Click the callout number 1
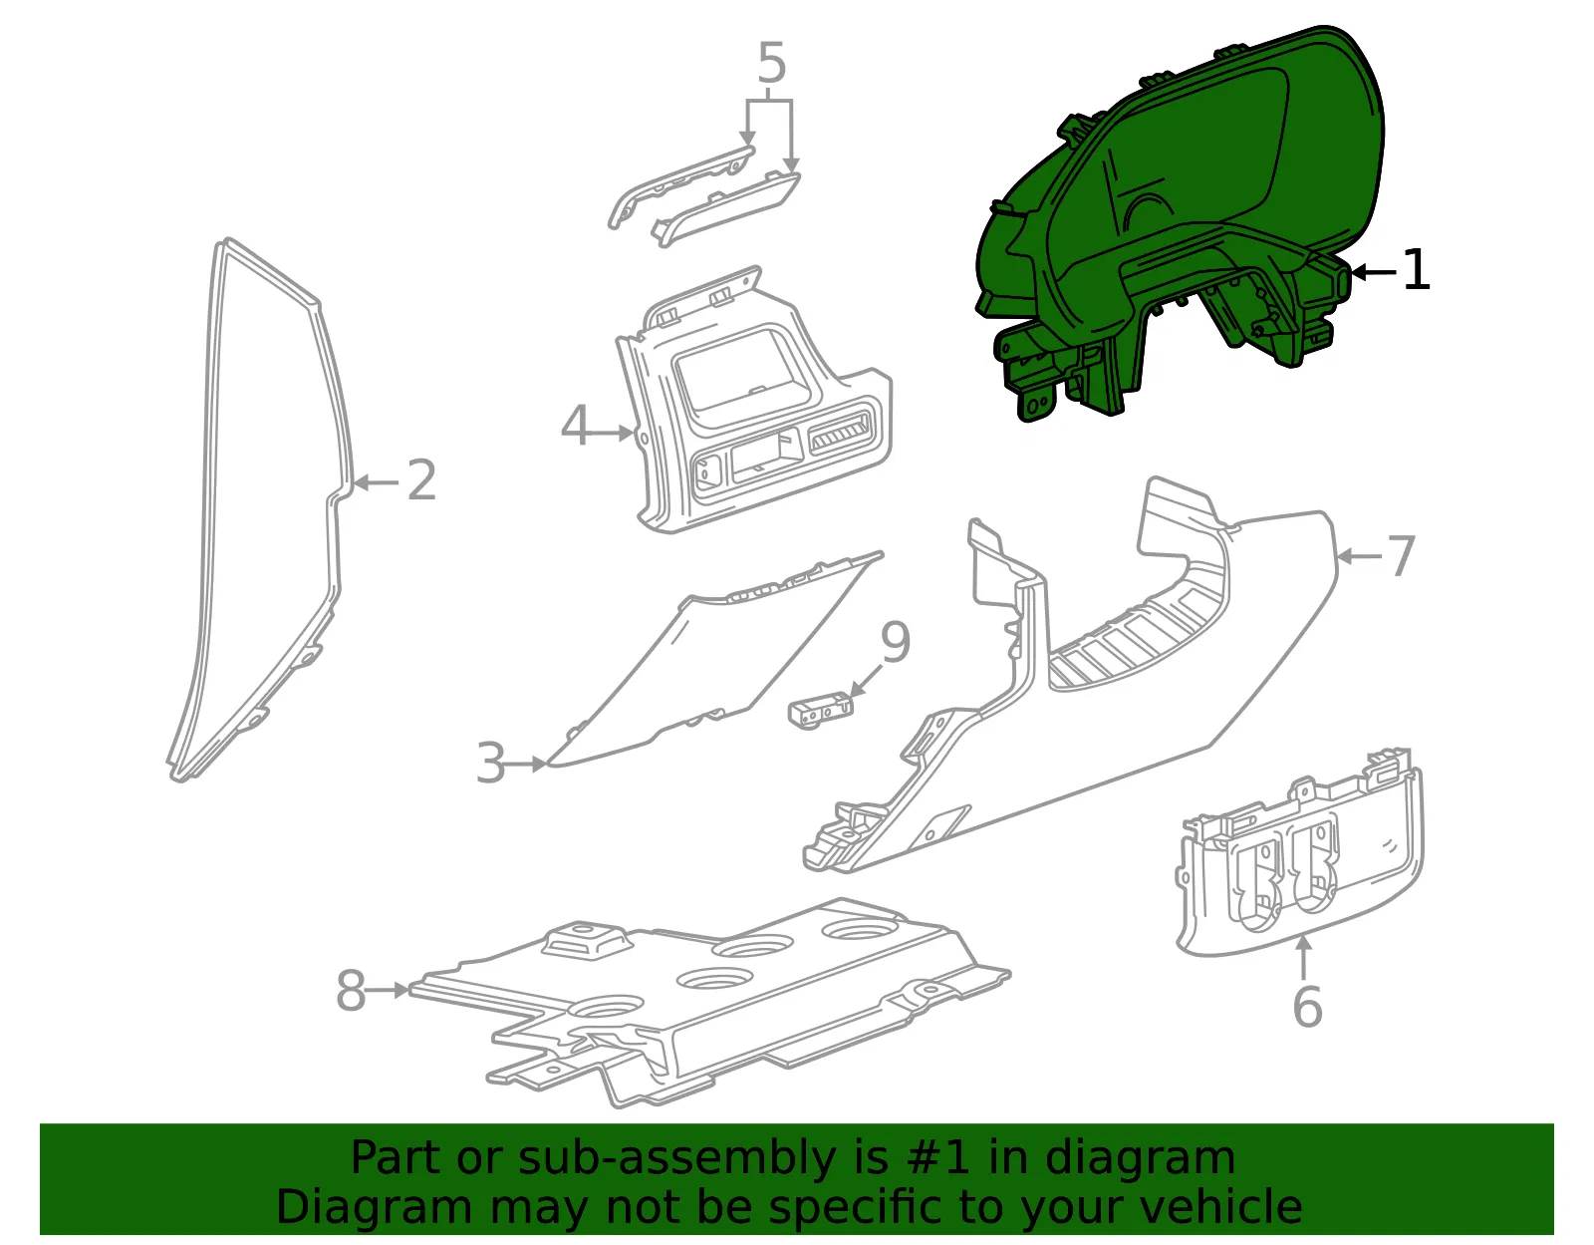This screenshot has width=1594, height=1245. pyautogui.click(x=1416, y=269)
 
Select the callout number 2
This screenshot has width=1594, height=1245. pyautogui.click(x=421, y=480)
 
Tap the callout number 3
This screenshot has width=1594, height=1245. pyautogui.click(x=491, y=763)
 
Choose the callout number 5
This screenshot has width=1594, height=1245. pyautogui.click(x=772, y=63)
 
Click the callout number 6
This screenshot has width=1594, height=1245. pyautogui.click(x=1307, y=1007)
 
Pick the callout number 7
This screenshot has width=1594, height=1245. pyautogui.click(x=1401, y=556)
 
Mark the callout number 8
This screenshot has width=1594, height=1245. pyautogui.click(x=351, y=990)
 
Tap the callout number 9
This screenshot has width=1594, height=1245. pyautogui.click(x=895, y=642)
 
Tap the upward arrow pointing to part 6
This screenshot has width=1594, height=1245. pyautogui.click(x=1303, y=958)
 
